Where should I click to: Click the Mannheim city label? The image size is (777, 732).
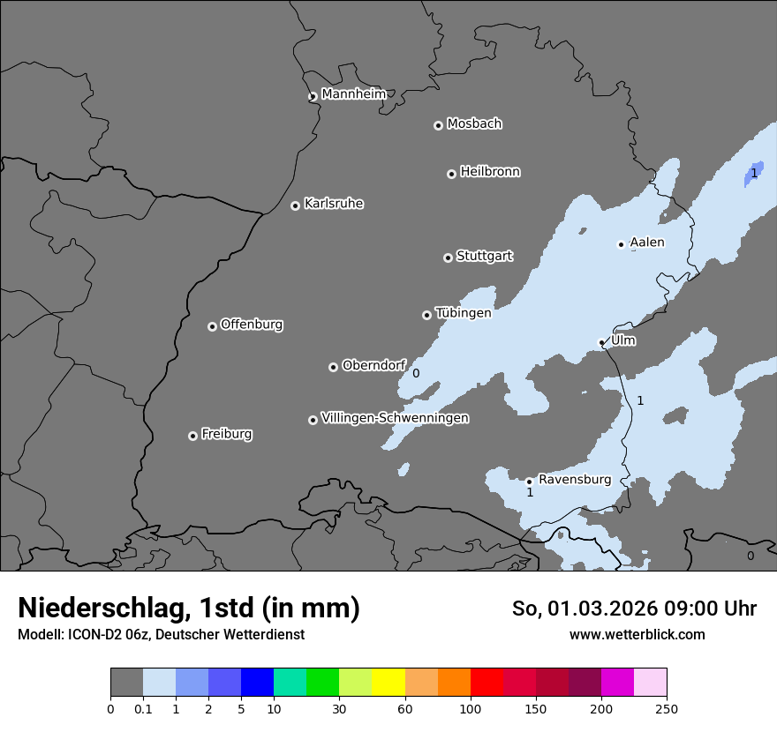point(353,94)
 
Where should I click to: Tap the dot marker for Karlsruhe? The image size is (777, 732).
point(295,205)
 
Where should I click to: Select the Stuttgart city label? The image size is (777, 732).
point(484,256)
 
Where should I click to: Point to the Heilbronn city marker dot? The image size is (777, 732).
point(451,174)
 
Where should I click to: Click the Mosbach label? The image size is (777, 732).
point(474,124)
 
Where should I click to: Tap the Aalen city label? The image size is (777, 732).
point(647,243)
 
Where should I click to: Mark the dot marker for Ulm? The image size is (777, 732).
point(602,342)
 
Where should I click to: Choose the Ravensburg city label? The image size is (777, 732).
point(575,480)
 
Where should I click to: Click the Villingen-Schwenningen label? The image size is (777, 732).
point(395,418)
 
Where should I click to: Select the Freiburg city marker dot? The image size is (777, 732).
point(192,436)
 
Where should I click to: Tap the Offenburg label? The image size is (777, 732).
point(252,325)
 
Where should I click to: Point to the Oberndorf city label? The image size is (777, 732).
point(373,365)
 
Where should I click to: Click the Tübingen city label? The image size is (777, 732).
point(463,313)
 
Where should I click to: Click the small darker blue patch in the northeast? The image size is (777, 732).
point(753,173)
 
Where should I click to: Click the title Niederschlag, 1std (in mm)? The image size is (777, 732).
point(189,608)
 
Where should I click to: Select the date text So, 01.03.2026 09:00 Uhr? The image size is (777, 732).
point(634,609)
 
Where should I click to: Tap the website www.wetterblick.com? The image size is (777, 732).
point(637,634)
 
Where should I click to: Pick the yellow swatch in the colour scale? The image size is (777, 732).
point(388,683)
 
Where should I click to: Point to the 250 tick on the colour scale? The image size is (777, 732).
point(666,708)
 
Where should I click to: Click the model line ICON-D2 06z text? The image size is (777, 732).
point(161,634)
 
